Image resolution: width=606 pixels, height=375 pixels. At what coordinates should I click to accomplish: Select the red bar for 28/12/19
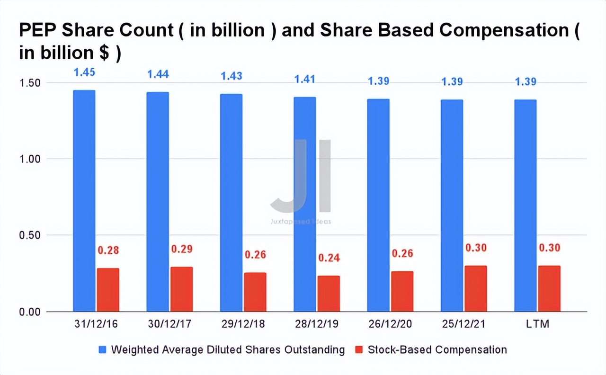point(329,294)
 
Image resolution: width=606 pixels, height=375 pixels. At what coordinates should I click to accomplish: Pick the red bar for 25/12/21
point(475,288)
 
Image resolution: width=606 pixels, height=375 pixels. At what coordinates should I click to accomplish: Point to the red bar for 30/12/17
point(181,289)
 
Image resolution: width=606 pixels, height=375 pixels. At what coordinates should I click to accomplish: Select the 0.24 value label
point(329,258)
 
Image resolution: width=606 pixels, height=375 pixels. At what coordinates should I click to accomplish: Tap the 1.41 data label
point(304,79)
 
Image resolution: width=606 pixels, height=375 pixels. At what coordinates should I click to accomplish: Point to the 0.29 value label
point(181,249)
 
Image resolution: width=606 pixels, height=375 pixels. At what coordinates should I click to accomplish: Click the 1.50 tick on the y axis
point(31,83)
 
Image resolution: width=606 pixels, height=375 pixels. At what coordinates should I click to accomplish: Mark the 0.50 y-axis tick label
point(31,235)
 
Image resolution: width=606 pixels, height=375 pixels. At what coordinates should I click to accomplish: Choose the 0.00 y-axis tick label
point(31,312)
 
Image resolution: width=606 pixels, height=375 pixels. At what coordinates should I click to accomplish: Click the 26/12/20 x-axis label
point(390,325)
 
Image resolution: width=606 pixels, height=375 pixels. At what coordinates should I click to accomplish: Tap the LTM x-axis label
point(537,325)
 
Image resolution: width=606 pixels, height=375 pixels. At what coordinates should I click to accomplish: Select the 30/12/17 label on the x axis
point(169,325)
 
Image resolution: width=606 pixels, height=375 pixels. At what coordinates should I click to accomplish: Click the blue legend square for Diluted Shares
point(102,350)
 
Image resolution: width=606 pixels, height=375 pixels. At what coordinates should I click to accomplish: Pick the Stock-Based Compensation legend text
point(437,350)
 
